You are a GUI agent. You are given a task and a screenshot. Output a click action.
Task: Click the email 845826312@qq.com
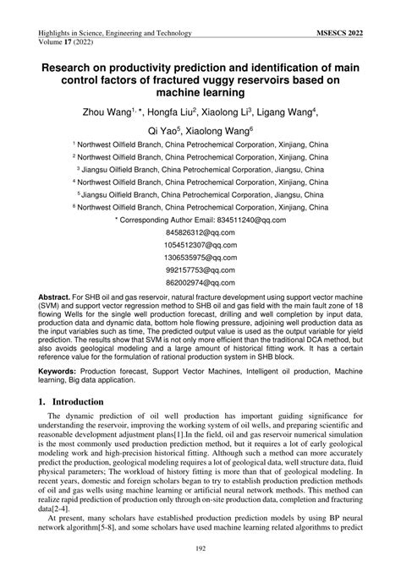(200, 231)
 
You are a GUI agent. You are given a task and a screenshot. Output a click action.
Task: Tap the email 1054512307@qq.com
(200, 244)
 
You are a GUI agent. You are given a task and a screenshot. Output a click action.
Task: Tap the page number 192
(200, 550)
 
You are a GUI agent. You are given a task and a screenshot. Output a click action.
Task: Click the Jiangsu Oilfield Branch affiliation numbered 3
(200, 168)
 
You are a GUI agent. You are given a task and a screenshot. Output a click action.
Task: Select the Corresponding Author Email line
(200, 218)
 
